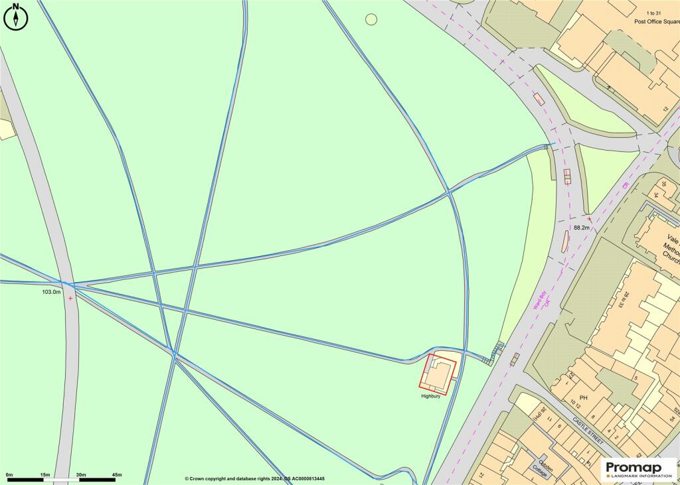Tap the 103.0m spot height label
point(52,292)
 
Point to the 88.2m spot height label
point(582,228)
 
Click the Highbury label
point(431,396)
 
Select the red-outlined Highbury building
point(438,375)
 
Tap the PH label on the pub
point(584,398)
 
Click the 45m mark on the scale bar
point(117,474)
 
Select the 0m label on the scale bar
point(9,474)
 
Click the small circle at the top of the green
point(371,19)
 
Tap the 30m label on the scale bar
point(81,474)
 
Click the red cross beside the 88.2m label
point(589,218)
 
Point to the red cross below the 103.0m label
point(70,299)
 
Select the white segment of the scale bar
point(62,479)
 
